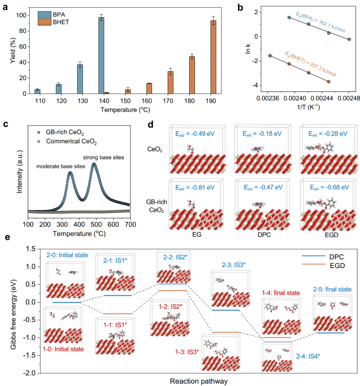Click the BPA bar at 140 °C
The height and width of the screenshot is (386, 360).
tap(101, 55)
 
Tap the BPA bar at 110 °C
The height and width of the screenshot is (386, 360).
tap(37, 91)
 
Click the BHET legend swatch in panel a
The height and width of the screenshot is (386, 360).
tap(44, 22)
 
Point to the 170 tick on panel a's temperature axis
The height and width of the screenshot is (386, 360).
tap(168, 101)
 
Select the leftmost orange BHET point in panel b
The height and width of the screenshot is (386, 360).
tap(270, 56)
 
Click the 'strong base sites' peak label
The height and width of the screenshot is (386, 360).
tap(103, 157)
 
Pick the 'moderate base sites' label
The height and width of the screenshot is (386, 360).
tap(61, 166)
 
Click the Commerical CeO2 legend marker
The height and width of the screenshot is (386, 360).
tap(39, 141)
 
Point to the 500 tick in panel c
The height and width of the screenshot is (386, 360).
tap(96, 225)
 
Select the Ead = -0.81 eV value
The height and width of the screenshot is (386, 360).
tap(195, 187)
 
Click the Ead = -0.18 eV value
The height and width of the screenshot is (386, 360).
tap(262, 134)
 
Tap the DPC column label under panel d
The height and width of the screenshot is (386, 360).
tap(264, 235)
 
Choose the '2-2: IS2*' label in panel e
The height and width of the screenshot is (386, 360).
tap(175, 257)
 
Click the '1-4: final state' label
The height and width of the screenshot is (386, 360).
tap(281, 293)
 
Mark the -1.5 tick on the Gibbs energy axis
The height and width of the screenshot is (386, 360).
tap(30, 355)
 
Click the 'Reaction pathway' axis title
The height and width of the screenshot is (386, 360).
tap(199, 381)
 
